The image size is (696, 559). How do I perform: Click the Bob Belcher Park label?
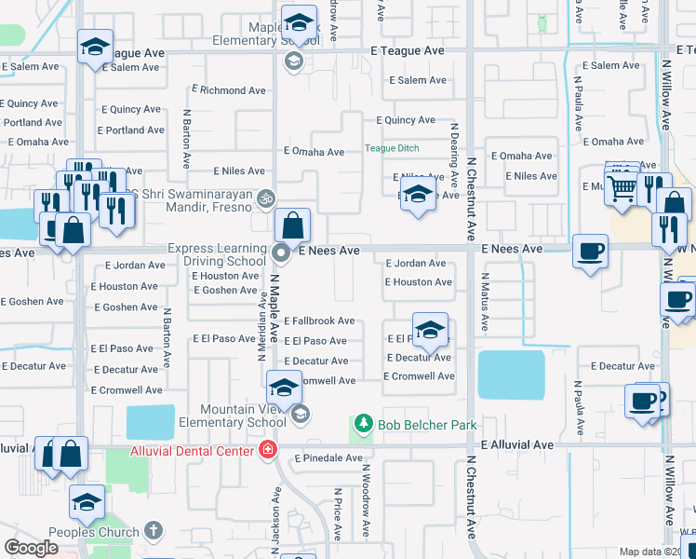427,425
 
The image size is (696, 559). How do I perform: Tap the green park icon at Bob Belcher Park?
365,425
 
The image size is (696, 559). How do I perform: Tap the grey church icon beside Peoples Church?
154,531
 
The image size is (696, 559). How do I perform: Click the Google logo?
32,548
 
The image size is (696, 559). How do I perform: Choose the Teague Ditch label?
392,148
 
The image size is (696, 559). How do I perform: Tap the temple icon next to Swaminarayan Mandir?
266,198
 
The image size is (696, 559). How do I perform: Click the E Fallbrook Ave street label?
319,321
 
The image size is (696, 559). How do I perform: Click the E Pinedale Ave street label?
328,458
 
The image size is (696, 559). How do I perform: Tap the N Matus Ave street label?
485,303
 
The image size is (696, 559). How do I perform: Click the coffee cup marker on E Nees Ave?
590,252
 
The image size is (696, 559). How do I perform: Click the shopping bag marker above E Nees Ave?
292,225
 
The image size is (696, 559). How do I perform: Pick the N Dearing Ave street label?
455,155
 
